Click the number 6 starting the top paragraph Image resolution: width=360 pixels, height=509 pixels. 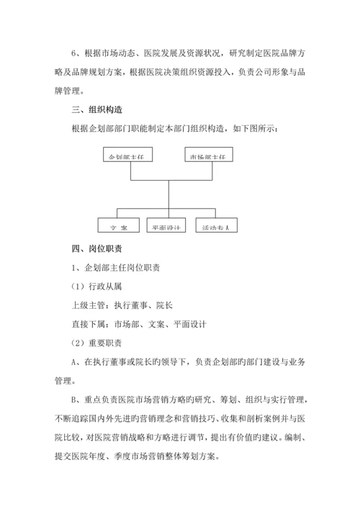click(74, 53)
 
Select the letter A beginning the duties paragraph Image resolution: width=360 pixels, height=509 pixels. click(74, 361)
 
